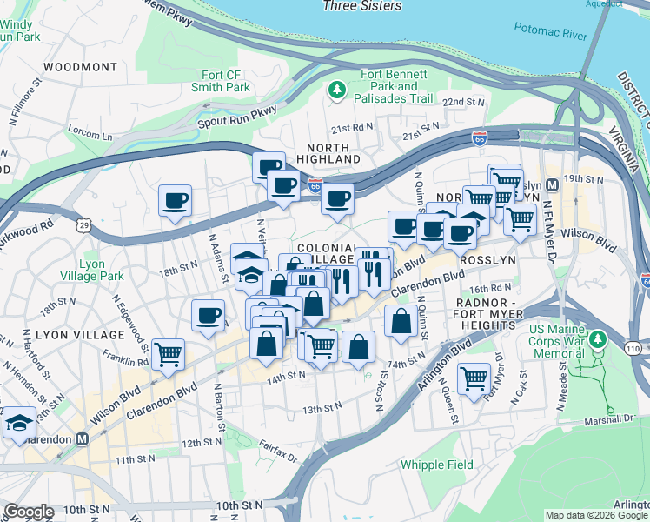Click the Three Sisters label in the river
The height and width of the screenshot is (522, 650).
point(361,6)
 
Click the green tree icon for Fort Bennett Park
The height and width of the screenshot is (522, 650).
point(335,90)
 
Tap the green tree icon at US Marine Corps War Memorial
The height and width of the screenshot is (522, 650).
point(596,338)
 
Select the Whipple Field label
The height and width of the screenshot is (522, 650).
point(437,465)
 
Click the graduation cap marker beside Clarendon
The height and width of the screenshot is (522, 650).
point(18,423)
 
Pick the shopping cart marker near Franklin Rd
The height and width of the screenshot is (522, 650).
point(167,353)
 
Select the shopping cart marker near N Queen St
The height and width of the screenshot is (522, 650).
point(474,378)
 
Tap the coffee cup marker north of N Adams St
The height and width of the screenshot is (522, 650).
point(175,202)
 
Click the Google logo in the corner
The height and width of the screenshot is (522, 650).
point(29,512)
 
